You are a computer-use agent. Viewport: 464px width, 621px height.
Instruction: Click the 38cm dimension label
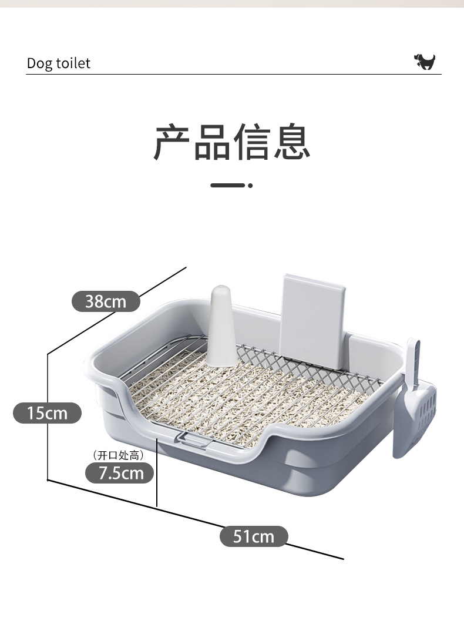click(106, 301)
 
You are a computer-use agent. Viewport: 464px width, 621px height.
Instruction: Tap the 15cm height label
click(47, 412)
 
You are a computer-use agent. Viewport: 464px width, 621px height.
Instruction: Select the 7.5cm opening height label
click(120, 473)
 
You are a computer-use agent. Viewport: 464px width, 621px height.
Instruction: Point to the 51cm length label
click(254, 536)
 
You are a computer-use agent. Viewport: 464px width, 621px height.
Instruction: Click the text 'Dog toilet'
click(59, 63)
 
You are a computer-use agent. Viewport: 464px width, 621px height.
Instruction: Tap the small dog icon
click(425, 62)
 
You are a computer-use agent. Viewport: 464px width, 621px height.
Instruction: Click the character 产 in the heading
click(172, 142)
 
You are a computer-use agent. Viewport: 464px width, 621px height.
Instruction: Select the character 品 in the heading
click(212, 142)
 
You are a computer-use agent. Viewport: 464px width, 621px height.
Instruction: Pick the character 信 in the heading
click(252, 142)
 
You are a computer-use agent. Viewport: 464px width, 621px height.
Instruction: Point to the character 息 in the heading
click(291, 142)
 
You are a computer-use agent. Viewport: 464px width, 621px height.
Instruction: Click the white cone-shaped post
click(221, 326)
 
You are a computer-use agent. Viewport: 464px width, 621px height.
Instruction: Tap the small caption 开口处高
click(119, 455)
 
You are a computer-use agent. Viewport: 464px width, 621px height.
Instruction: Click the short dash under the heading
click(227, 185)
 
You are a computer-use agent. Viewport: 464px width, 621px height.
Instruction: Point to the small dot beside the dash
click(250, 185)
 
